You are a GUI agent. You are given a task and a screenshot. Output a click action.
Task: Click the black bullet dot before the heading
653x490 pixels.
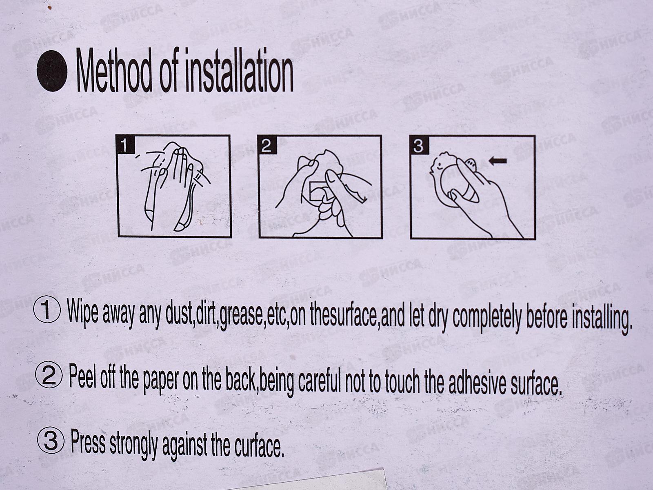tap(52, 71)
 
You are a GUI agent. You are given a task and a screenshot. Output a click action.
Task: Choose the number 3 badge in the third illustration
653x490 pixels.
tap(419, 146)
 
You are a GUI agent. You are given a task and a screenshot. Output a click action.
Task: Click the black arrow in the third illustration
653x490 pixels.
tap(498, 161)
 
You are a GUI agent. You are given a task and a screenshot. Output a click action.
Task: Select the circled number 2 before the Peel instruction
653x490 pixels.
tap(49, 376)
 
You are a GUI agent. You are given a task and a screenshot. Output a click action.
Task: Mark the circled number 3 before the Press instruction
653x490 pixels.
tap(51, 442)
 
